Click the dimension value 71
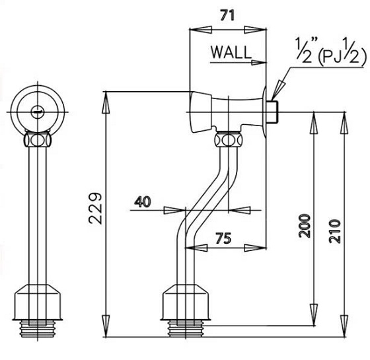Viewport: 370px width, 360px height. click(228, 16)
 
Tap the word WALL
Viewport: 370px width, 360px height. click(231, 52)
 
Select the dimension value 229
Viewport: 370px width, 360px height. click(95, 209)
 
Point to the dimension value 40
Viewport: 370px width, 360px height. click(143, 202)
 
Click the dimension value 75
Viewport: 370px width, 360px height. click(223, 238)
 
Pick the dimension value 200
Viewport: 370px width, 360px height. click(305, 225)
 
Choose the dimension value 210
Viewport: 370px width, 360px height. click(335, 231)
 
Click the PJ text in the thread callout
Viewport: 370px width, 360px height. click(332, 57)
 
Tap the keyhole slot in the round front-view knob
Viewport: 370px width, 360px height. click(38, 110)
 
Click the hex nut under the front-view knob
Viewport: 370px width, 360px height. click(37, 139)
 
